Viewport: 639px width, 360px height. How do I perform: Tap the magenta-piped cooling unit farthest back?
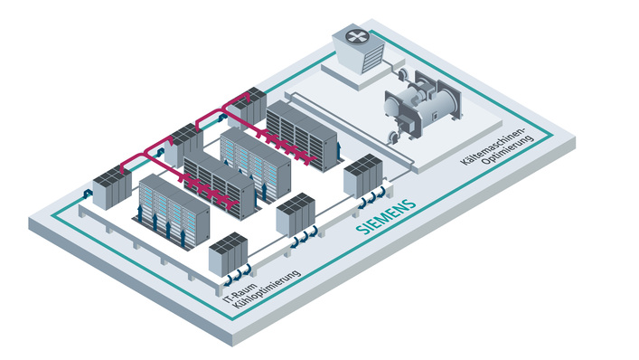[x=252, y=101]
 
